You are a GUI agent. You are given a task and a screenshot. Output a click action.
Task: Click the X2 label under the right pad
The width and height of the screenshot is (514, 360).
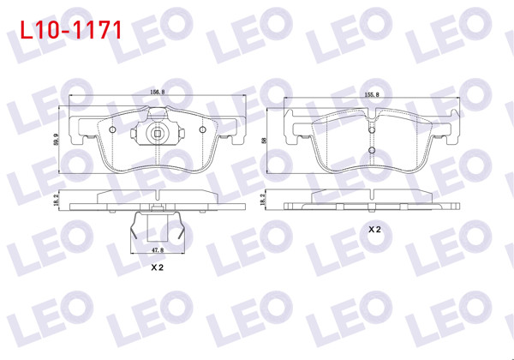point(374,231)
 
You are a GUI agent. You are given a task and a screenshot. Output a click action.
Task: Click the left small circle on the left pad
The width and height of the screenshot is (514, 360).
point(113,129)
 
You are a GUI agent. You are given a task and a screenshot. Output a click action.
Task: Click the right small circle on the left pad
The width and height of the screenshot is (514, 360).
point(202,129)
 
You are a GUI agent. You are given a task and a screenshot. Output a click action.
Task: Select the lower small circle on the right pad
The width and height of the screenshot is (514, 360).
point(372,152)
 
